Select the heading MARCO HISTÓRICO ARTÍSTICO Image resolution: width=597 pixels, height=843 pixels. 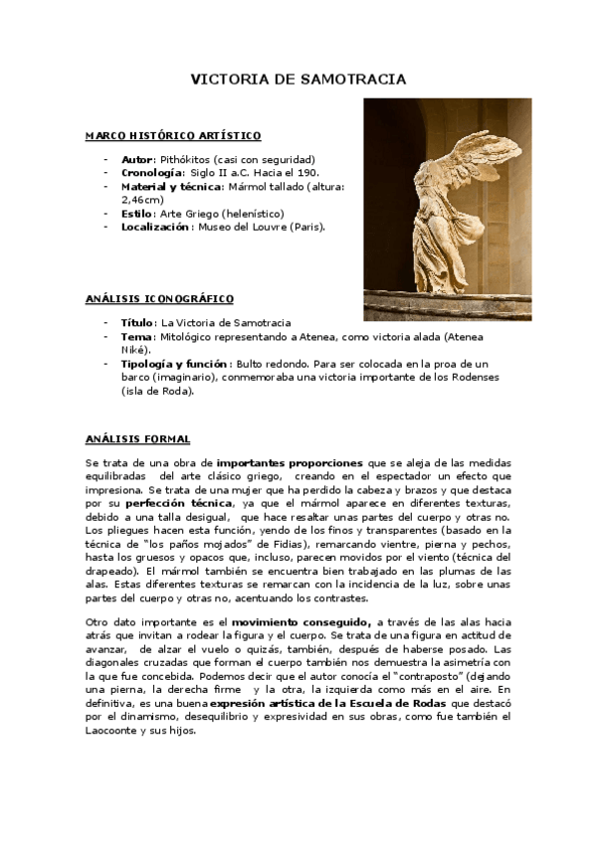pyautogui.click(x=173, y=135)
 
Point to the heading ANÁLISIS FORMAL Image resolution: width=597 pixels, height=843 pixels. pyautogui.click(x=137, y=438)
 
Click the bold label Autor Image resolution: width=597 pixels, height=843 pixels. pyautogui.click(x=137, y=159)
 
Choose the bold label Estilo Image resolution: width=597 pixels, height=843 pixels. pyautogui.click(x=137, y=214)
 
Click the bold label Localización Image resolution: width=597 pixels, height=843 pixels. pyautogui.click(x=155, y=227)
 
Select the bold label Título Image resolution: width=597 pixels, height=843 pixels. pyautogui.click(x=137, y=323)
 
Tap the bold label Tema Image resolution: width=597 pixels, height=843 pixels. pyautogui.click(x=136, y=337)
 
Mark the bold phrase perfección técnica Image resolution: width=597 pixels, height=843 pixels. pyautogui.click(x=158, y=504)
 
